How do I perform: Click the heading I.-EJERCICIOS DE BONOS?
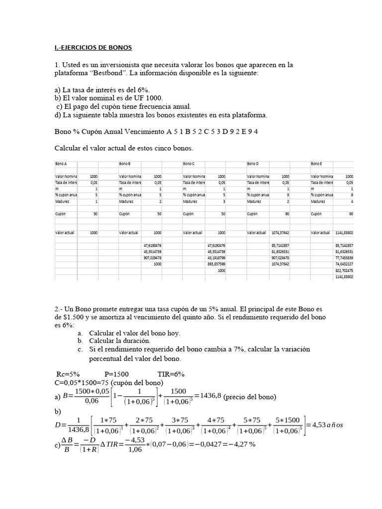tap(93, 48)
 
